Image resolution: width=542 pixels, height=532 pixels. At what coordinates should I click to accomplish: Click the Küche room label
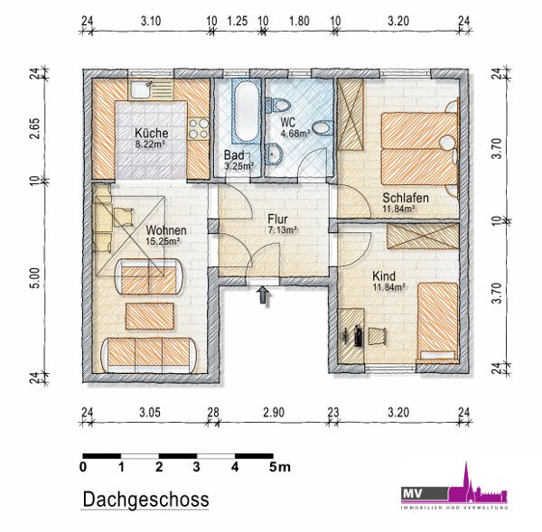[x=152, y=133]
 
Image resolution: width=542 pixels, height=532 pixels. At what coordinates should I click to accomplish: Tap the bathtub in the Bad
[x=246, y=110]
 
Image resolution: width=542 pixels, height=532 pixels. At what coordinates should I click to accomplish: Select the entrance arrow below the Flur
[x=264, y=296]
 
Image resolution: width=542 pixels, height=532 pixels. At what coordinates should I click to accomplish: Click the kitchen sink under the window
[x=142, y=89]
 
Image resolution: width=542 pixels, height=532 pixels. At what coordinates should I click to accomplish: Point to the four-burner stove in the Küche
[x=199, y=128]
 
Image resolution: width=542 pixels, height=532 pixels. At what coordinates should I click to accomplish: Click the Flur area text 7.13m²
[x=283, y=229]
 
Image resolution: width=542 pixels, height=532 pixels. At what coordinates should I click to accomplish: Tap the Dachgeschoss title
[x=145, y=499]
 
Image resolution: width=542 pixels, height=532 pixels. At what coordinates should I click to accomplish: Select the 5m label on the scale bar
[x=280, y=467]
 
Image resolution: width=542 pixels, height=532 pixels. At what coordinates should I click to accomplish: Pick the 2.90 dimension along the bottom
[x=274, y=413]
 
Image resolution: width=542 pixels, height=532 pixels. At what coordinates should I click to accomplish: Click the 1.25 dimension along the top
[x=238, y=21]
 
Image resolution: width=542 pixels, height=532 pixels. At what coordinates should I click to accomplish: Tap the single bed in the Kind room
[x=437, y=322]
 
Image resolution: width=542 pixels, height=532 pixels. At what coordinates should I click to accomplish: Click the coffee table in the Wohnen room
[x=150, y=316]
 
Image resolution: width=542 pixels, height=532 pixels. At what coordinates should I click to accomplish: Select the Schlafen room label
[x=406, y=198]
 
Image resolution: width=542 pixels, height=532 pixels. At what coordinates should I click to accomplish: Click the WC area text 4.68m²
[x=294, y=134]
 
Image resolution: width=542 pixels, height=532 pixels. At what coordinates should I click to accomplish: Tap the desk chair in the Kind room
[x=377, y=336]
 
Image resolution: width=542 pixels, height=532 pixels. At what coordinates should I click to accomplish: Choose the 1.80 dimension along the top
[x=299, y=21]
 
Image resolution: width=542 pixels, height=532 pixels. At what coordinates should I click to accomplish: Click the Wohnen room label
[x=166, y=230]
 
